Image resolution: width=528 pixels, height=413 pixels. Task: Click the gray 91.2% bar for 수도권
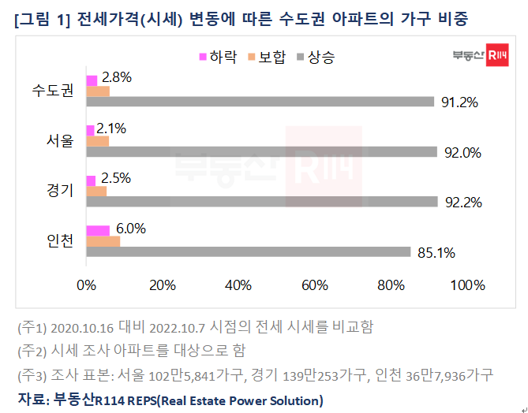point(260,102)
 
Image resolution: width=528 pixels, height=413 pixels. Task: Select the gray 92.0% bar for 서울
point(262,151)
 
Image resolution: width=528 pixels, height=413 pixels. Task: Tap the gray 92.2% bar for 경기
point(262,201)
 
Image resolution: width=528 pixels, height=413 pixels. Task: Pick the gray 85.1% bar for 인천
point(249,251)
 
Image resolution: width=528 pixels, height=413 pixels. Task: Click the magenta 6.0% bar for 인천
point(98,230)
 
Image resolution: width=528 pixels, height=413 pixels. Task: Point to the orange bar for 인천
point(103,240)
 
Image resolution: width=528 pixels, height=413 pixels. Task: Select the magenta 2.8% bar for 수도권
point(92,80)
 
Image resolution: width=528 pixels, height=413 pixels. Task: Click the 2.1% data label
point(111,128)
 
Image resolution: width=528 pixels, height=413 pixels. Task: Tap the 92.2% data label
point(463,202)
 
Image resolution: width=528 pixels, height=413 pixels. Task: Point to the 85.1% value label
point(436,252)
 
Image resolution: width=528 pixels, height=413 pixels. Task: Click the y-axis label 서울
point(58,141)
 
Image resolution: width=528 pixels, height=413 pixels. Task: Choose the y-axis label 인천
point(58,240)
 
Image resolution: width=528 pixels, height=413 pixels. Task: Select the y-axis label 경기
point(58,191)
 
